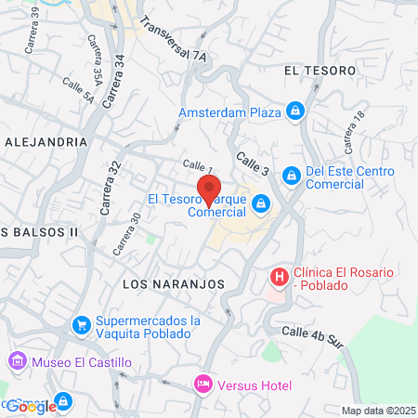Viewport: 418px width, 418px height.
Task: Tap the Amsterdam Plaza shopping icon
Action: tap(294, 112)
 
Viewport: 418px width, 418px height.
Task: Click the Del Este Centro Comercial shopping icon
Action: tap(291, 174)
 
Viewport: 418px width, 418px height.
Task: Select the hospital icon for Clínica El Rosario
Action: tap(278, 276)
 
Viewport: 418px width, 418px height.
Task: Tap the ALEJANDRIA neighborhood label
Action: tap(46, 142)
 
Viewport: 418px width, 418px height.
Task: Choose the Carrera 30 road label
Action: tap(127, 234)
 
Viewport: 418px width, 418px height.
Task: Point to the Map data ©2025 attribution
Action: tap(378, 411)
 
